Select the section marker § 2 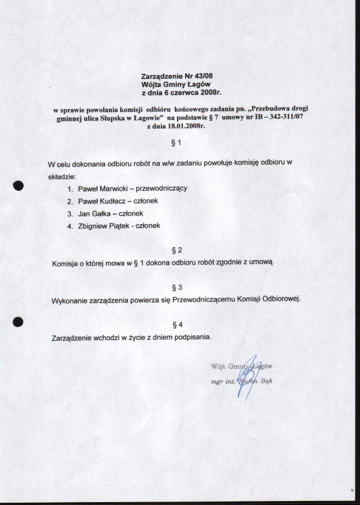tap(177, 250)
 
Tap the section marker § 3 tap(177, 287)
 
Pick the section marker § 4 tap(177, 324)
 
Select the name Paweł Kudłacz tap(100, 201)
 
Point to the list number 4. tap(70, 227)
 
